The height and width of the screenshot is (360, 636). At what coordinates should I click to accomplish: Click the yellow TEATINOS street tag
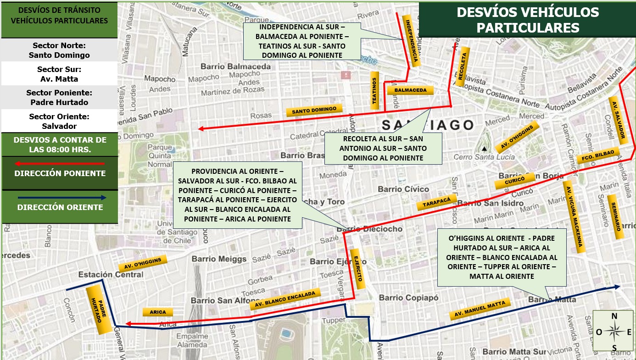(374, 90)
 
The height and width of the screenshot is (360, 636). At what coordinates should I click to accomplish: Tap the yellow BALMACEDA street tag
(410, 90)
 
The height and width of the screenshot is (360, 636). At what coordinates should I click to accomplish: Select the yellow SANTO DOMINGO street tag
(314, 111)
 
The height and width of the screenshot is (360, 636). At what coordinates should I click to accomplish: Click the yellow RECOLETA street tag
(463, 66)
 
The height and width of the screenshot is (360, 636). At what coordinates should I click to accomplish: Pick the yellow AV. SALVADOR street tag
(617, 118)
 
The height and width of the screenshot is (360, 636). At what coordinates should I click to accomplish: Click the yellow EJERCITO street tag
(357, 269)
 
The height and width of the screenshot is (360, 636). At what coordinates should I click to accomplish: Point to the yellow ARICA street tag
(158, 312)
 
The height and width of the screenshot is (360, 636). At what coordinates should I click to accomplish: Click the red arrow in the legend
(60, 163)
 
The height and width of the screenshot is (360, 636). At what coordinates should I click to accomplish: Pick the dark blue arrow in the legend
(60, 198)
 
